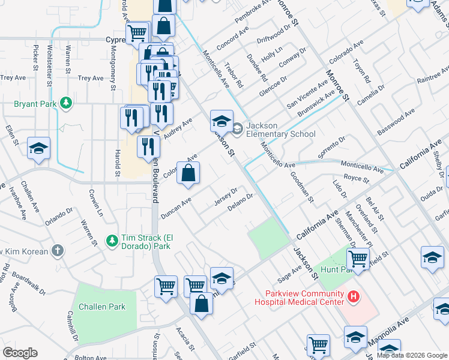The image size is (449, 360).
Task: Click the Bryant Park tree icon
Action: pyautogui.click(x=66, y=104)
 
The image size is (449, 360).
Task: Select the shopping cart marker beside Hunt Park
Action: pyautogui.click(x=358, y=260)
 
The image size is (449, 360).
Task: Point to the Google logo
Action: pyautogui.click(x=20, y=353)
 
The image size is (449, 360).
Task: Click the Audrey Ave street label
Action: pyautogui.click(x=178, y=128)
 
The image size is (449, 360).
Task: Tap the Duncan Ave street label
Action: pyautogui.click(x=175, y=207)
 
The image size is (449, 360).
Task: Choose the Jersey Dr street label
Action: pyautogui.click(x=226, y=196)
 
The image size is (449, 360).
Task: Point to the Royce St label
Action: pyautogui.click(x=356, y=178)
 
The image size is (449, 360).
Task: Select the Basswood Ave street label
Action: pyautogui.click(x=396, y=122)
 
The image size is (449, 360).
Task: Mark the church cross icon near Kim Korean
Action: pyautogui.click(x=57, y=250)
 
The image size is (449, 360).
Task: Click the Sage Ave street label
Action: pyautogui.click(x=289, y=275)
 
